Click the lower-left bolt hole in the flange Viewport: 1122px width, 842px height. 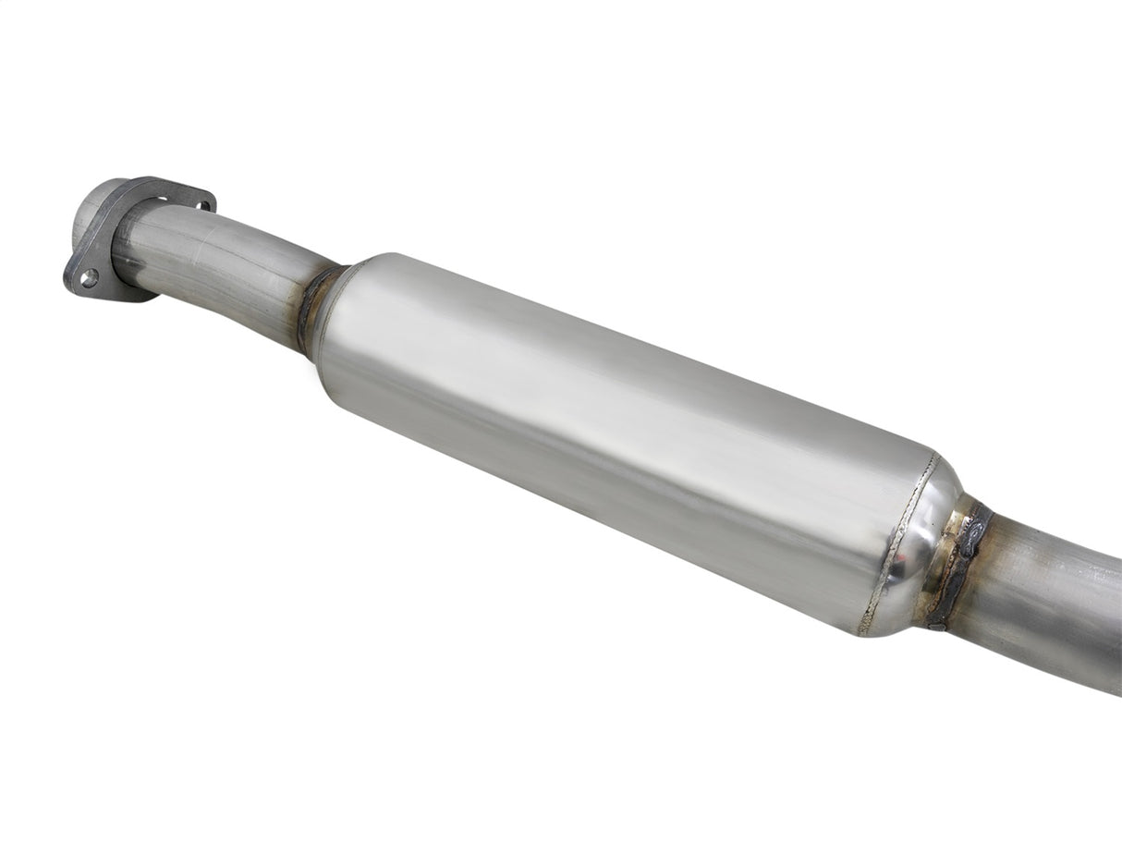(89, 276)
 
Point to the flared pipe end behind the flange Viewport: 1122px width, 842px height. (91, 208)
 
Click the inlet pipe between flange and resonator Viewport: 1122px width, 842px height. (222, 268)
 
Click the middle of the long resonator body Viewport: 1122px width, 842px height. (610, 434)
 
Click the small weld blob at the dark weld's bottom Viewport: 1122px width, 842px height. (935, 624)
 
